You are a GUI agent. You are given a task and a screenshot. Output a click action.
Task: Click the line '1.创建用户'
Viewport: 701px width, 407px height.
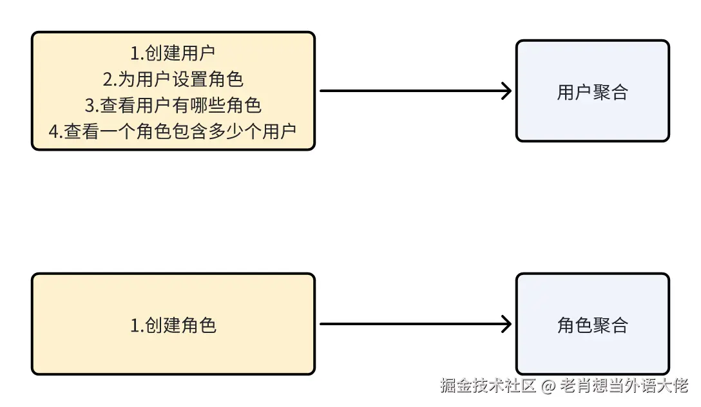pyautogui.click(x=173, y=53)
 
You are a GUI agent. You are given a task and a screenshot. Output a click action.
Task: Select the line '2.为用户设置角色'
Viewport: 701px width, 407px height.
pyautogui.click(x=173, y=79)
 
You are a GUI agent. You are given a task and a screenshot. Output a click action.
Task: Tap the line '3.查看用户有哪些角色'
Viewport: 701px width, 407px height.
pyautogui.click(x=173, y=105)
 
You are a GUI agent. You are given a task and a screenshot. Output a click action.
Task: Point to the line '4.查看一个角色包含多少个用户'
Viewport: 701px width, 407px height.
pyautogui.click(x=173, y=131)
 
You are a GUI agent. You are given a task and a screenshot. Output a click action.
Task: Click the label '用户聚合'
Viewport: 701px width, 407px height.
pyautogui.click(x=592, y=92)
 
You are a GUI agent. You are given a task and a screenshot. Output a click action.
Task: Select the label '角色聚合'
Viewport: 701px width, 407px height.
pyautogui.click(x=592, y=325)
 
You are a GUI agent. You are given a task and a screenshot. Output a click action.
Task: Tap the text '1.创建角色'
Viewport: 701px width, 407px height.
pyautogui.click(x=173, y=325)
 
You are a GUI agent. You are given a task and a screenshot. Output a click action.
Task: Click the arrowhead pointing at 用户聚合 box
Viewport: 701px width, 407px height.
pyautogui.click(x=506, y=91)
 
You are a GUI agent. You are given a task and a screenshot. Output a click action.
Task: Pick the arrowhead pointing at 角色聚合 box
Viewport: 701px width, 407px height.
pyautogui.click(x=506, y=324)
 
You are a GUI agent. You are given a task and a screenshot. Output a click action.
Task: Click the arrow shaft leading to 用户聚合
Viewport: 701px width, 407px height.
pyautogui.click(x=412, y=91)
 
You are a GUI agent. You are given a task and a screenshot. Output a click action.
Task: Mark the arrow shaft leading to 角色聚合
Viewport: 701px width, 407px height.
pyautogui.click(x=412, y=324)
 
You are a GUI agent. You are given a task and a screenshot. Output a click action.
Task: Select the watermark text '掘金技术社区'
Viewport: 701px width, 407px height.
pyautogui.click(x=488, y=386)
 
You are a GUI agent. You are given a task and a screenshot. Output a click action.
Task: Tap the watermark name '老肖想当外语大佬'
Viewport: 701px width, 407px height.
pyautogui.click(x=624, y=386)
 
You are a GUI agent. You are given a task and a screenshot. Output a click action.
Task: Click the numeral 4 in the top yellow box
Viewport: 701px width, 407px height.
pyautogui.click(x=53, y=131)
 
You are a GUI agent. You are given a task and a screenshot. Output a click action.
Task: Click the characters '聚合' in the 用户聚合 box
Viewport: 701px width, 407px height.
pyautogui.click(x=610, y=92)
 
